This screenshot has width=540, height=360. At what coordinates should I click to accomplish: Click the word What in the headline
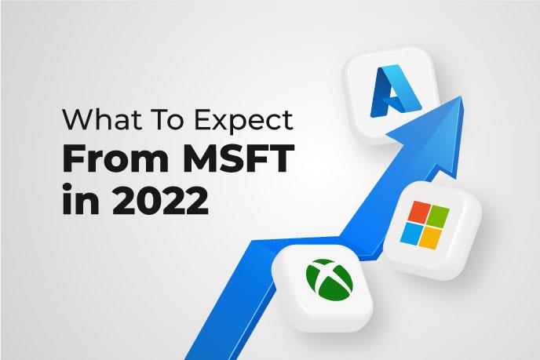101,120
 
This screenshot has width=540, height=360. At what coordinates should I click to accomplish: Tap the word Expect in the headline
243,122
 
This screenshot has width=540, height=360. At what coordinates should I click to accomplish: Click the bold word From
115,158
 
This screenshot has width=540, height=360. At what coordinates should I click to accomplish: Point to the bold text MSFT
239,158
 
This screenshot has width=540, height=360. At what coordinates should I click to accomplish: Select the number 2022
160,201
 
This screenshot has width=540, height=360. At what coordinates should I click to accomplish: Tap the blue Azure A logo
396,92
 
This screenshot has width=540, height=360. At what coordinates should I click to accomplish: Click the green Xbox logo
329,279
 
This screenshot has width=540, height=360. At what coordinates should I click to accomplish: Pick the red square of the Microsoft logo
419,211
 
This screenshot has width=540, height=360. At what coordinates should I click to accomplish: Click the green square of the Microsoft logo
438,216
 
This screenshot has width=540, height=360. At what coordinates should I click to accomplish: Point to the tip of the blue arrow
461,96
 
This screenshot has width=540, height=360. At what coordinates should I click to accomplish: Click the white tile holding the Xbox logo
323,288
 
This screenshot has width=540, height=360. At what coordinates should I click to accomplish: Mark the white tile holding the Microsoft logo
432,231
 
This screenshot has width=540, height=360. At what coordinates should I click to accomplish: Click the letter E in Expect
202,120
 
